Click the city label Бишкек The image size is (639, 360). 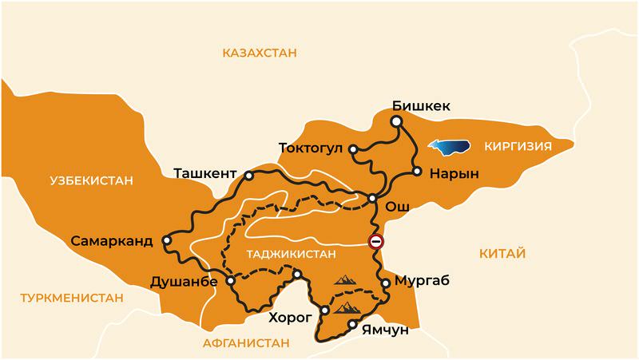pyautogui.click(x=422, y=105)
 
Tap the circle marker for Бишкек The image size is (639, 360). pyautogui.click(x=395, y=121)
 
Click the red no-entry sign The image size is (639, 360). pyautogui.click(x=375, y=242)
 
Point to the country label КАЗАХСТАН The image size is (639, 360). pyautogui.click(x=260, y=53)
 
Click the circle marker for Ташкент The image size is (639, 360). pyautogui.click(x=249, y=175)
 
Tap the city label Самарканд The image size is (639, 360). pyautogui.click(x=111, y=240)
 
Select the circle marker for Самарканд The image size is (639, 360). pyautogui.click(x=166, y=239)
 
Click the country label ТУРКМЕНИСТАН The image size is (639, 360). pyautogui.click(x=72, y=298)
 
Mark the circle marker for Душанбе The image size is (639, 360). pyautogui.click(x=230, y=281)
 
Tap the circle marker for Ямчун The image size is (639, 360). pyautogui.click(x=352, y=325)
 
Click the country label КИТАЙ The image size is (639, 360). pyautogui.click(x=502, y=254)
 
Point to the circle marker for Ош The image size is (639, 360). pyautogui.click(x=372, y=198)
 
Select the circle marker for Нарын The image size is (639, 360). pyautogui.click(x=416, y=172)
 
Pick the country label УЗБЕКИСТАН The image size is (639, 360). pyautogui.click(x=90, y=180)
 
